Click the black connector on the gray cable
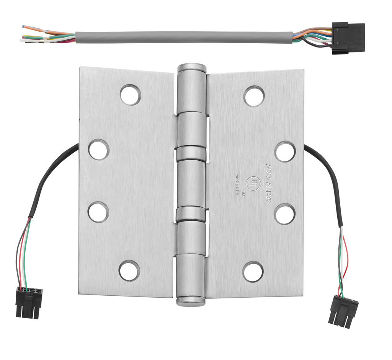pos(348,38)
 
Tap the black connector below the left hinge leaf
pos(28,302)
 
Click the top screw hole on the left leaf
pos(130,94)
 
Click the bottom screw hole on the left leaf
pos(129,270)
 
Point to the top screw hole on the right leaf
pos(254,96)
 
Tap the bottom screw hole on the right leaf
pos(253,272)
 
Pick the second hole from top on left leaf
pos(99,149)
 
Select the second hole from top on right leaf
pos(285,151)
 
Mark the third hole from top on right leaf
pos(285,214)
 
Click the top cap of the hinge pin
pos(191,68)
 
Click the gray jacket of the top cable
pos(184,37)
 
